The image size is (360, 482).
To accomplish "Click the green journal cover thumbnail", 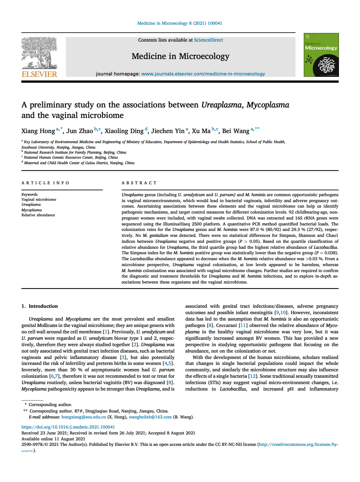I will pos(321,55).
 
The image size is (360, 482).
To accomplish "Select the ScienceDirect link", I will pos(209,40).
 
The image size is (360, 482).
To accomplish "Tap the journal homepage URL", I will pos(203,74).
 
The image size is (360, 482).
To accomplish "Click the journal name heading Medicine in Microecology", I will pos(180,56).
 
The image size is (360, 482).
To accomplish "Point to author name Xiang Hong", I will pos(38,131).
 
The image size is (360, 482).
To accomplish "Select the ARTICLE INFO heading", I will pos(46,183).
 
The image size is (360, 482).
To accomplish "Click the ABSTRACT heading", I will pos(139,183).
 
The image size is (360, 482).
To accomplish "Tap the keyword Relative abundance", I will pos(38,215).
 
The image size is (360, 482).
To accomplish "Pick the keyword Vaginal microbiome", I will pos(39,200).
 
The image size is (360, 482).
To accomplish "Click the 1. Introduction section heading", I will pos(40,306).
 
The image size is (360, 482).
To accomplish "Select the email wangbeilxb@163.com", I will pos(150,417).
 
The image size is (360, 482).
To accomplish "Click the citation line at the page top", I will pos(180,23).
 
